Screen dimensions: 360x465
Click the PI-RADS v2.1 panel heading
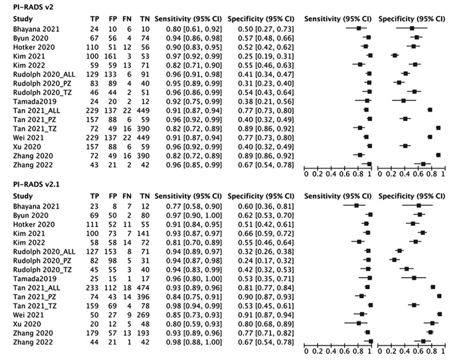[30, 184]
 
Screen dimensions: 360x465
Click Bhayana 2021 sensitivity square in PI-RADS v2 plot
[359, 29]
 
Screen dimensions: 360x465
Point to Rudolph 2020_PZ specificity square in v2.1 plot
[393, 261]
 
